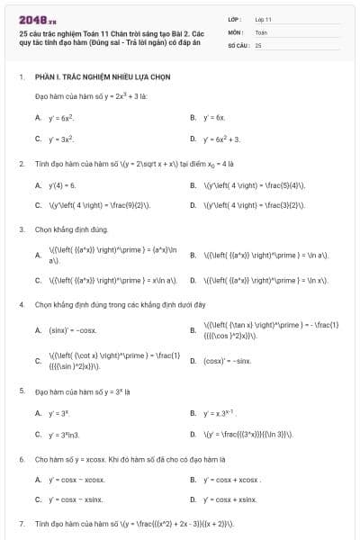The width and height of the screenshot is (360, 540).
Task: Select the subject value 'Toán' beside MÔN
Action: pyautogui.click(x=261, y=31)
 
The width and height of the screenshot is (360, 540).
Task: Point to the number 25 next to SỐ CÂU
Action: pyautogui.click(x=258, y=44)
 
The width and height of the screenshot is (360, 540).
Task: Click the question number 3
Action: pyautogui.click(x=21, y=230)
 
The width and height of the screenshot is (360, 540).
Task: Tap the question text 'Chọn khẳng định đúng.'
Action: pyautogui.click(x=71, y=230)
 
